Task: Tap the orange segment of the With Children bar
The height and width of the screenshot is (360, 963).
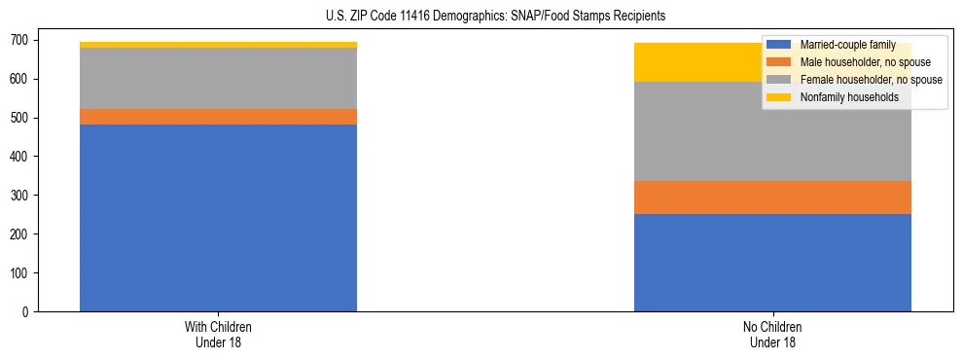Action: (x=218, y=117)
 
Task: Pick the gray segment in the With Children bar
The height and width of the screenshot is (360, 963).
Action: (x=218, y=78)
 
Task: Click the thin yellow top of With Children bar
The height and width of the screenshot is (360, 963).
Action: (x=218, y=45)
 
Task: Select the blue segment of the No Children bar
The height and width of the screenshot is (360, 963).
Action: (x=772, y=263)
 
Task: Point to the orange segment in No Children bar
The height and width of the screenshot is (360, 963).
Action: (x=772, y=198)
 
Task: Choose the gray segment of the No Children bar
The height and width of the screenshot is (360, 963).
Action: (x=772, y=131)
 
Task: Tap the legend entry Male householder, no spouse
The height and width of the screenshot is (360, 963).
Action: (x=858, y=62)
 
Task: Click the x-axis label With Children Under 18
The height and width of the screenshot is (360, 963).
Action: (x=218, y=334)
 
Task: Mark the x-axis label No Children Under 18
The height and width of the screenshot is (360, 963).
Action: (x=772, y=334)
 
